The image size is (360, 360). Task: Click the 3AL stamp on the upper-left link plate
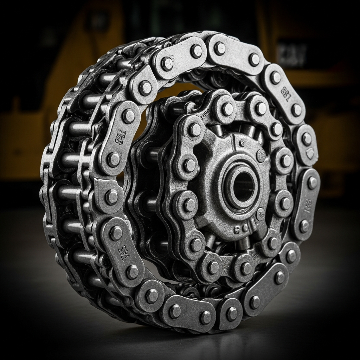coord(121,135)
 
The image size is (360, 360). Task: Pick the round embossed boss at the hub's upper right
coord(261,155)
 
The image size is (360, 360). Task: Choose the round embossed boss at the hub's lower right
coord(261,213)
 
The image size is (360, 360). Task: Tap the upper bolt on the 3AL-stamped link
coord(129,116)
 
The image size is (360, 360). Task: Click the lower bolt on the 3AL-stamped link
coord(113,159)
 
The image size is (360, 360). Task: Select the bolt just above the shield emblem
coord(307,139)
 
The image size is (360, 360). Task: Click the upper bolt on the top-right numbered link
coord(275,77)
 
